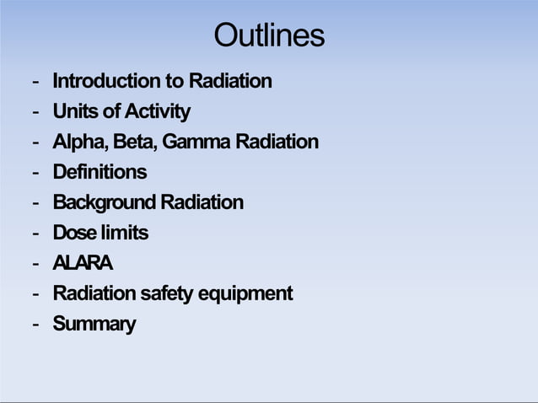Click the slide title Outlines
tap(268, 35)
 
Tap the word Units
tap(73, 111)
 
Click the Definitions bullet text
tap(100, 172)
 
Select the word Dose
tap(72, 233)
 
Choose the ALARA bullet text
tap(83, 263)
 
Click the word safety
tap(166, 293)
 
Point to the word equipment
tap(245, 294)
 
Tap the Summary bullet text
tap(94, 324)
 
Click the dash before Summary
tap(35, 325)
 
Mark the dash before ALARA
tap(35, 264)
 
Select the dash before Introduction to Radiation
tap(35, 82)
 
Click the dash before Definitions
tap(35, 173)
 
